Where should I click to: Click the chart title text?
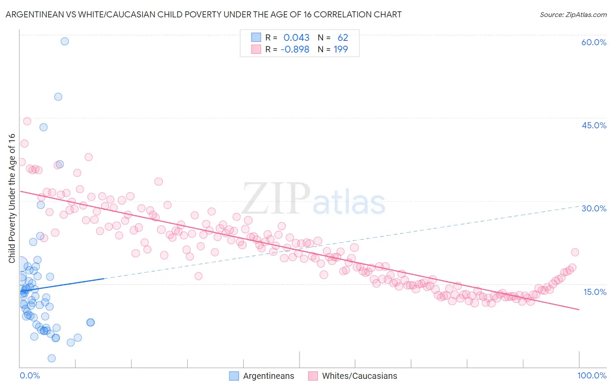pyautogui.click(x=203, y=14)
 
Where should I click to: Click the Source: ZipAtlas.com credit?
pyautogui.click(x=573, y=14)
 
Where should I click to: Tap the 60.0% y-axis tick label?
pyautogui.click(x=594, y=42)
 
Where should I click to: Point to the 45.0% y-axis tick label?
pyautogui.click(x=594, y=125)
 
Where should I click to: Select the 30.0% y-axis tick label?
pyautogui.click(x=594, y=208)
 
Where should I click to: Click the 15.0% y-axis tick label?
pyautogui.click(x=595, y=291)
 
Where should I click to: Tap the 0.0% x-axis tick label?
pyautogui.click(x=30, y=375)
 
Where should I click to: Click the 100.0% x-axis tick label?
pyautogui.click(x=592, y=375)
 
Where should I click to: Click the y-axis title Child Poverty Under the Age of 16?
pyautogui.click(x=12, y=198)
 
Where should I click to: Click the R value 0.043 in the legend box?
pyautogui.click(x=296, y=38)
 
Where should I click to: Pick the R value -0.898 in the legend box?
pyautogui.click(x=295, y=50)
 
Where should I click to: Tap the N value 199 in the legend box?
pyautogui.click(x=341, y=50)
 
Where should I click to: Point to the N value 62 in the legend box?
pyautogui.click(x=343, y=38)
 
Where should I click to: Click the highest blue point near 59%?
pyautogui.click(x=64, y=41)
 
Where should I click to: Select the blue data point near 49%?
pyautogui.click(x=58, y=97)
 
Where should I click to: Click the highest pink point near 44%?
pyautogui.click(x=27, y=121)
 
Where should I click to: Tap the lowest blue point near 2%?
pyautogui.click(x=51, y=358)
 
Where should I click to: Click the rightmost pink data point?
pyautogui.click(x=575, y=252)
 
